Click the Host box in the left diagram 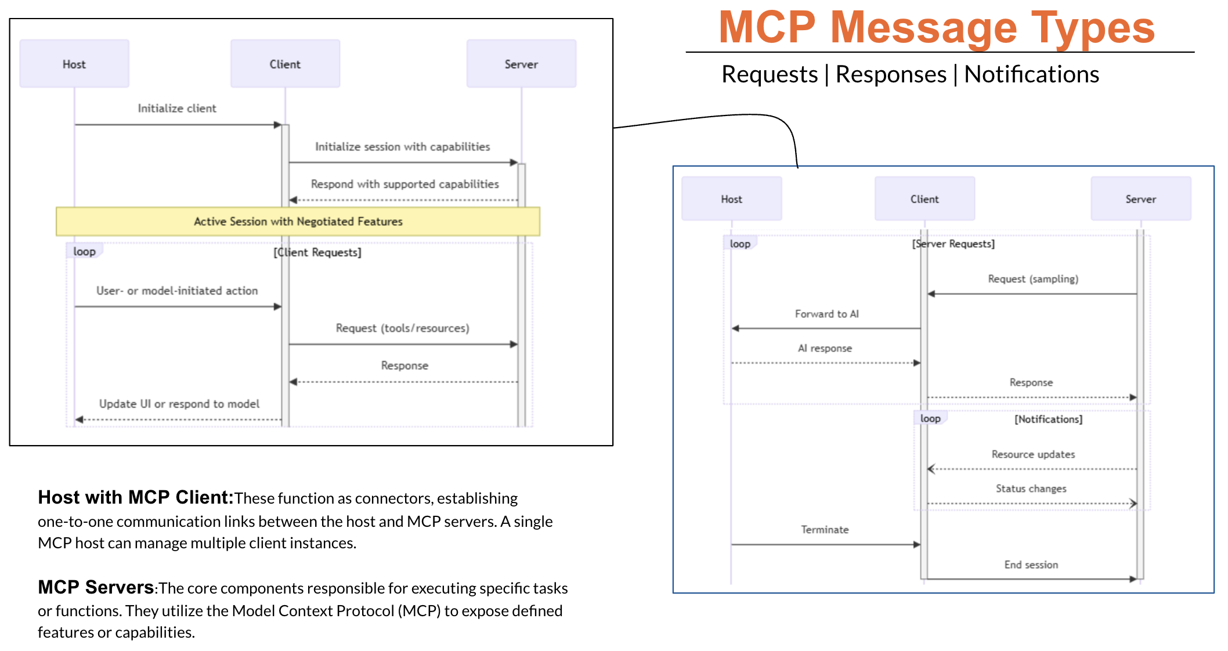click(x=74, y=64)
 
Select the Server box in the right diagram click(x=1140, y=199)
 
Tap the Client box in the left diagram click(x=285, y=64)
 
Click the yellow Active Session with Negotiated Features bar click(x=298, y=222)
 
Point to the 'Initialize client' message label click(x=176, y=108)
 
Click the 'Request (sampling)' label click(x=1033, y=279)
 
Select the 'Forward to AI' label click(x=826, y=314)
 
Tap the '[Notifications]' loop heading click(x=1048, y=419)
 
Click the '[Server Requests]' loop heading click(x=953, y=244)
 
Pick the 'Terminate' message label click(x=825, y=530)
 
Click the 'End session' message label click(x=1031, y=565)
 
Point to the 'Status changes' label click(x=1031, y=489)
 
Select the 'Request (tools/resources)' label click(x=402, y=328)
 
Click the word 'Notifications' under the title click(x=1031, y=74)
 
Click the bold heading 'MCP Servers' click(x=96, y=587)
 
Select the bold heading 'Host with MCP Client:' click(x=135, y=497)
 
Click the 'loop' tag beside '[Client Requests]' click(x=85, y=251)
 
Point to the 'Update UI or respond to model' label click(x=179, y=404)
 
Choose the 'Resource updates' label click(x=1033, y=454)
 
